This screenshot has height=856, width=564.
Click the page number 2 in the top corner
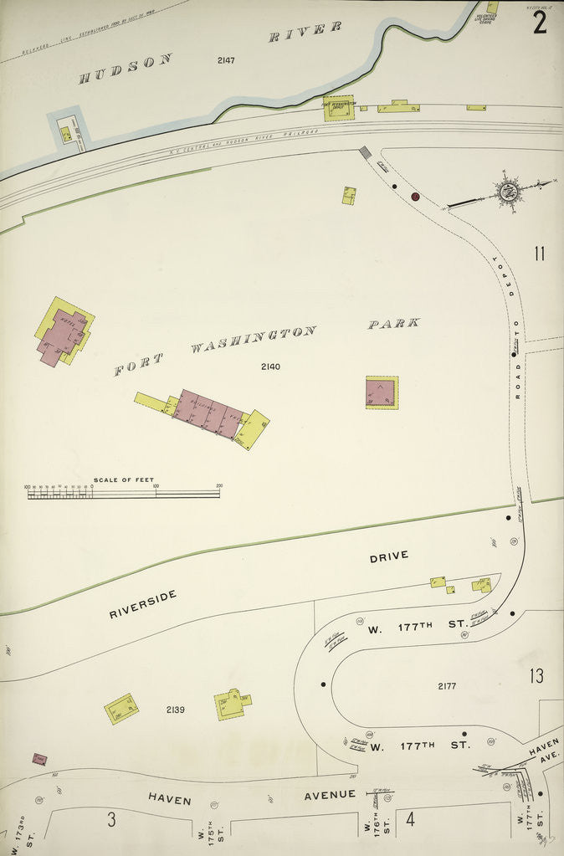click(x=540, y=21)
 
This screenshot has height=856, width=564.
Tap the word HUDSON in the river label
click(x=126, y=69)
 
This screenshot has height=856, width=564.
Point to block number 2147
click(x=226, y=60)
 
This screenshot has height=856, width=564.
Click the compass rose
click(x=507, y=191)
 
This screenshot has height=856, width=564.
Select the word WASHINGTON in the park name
click(x=253, y=339)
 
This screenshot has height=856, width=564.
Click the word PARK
click(x=393, y=323)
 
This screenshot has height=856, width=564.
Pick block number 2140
click(x=270, y=366)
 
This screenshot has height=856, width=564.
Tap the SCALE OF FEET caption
click(x=123, y=479)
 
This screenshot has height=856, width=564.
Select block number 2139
click(x=175, y=710)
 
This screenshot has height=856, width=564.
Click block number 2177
click(x=447, y=686)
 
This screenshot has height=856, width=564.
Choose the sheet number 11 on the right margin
click(x=539, y=253)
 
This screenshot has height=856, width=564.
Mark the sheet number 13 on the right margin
click(x=536, y=675)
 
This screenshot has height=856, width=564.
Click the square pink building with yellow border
click(x=382, y=392)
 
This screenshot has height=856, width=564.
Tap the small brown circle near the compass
click(x=414, y=197)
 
